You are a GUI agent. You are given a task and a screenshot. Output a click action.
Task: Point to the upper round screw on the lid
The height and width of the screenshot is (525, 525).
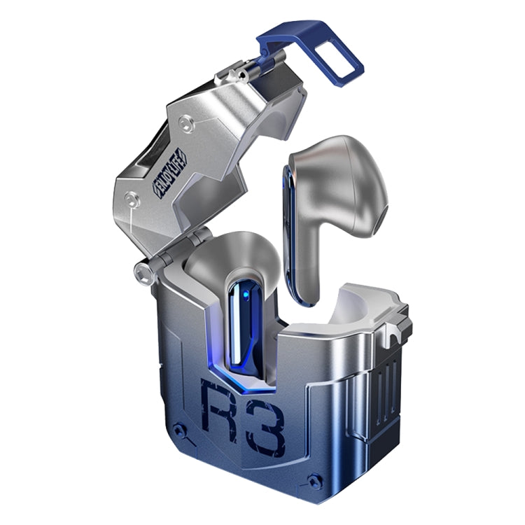point(184,124)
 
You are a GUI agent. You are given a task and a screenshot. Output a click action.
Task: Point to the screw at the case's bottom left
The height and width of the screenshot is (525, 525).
point(180,430)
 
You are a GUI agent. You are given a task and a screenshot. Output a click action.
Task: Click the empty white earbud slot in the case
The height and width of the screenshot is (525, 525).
point(343,308)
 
